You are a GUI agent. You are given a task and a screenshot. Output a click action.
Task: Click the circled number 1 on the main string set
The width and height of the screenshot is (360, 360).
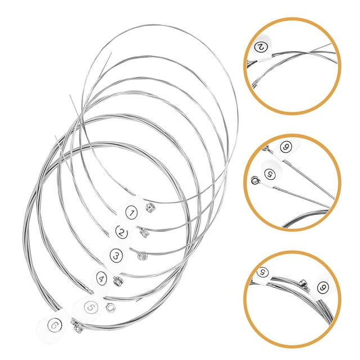click(132, 213)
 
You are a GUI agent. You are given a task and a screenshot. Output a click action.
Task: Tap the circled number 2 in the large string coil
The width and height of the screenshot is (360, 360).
click(121, 232)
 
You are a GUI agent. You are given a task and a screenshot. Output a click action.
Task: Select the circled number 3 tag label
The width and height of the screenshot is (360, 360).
click(116, 255)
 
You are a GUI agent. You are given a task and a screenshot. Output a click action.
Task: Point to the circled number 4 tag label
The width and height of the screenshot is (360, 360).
click(102, 278)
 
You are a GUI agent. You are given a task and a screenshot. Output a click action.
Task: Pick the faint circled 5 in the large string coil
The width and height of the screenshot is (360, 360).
click(91, 307)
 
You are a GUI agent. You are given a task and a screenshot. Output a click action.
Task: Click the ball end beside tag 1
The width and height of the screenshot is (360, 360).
click(150, 208)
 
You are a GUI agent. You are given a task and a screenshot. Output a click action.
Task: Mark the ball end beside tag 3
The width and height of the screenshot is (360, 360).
click(142, 256)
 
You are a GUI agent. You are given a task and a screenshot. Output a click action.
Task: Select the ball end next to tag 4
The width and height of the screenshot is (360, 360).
click(118, 281)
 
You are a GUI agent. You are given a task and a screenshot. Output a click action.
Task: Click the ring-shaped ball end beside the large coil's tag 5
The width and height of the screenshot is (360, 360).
click(111, 308)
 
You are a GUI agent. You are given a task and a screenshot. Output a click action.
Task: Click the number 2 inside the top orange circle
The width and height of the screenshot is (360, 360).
click(261, 47)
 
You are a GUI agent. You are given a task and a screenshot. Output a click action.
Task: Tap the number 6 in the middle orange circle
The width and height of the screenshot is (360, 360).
click(286, 146)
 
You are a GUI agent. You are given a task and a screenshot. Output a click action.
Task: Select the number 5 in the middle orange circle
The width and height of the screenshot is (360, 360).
click(270, 174)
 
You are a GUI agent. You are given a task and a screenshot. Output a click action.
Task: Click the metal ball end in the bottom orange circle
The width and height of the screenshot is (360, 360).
click(305, 285)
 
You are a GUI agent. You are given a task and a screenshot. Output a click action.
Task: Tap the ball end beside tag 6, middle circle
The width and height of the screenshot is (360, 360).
click(268, 150)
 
